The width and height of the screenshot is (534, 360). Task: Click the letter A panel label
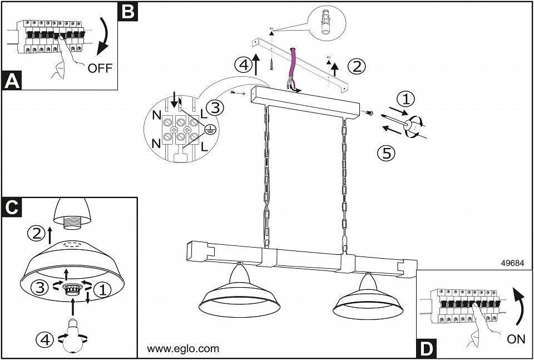pos(12,81)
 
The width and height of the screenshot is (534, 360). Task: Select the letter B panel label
pos(127,11)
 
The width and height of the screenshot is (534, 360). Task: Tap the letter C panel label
pos(12,206)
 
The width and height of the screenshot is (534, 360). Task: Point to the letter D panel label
pos(426,349)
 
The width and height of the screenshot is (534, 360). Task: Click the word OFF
pos(100,68)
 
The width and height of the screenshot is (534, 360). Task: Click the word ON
pos(516,339)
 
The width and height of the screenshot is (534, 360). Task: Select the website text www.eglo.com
pos(182,349)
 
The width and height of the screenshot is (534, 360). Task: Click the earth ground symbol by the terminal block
pos(210,130)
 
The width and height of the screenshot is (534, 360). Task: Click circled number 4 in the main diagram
pos(243,65)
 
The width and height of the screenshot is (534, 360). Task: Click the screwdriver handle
pos(413,126)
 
